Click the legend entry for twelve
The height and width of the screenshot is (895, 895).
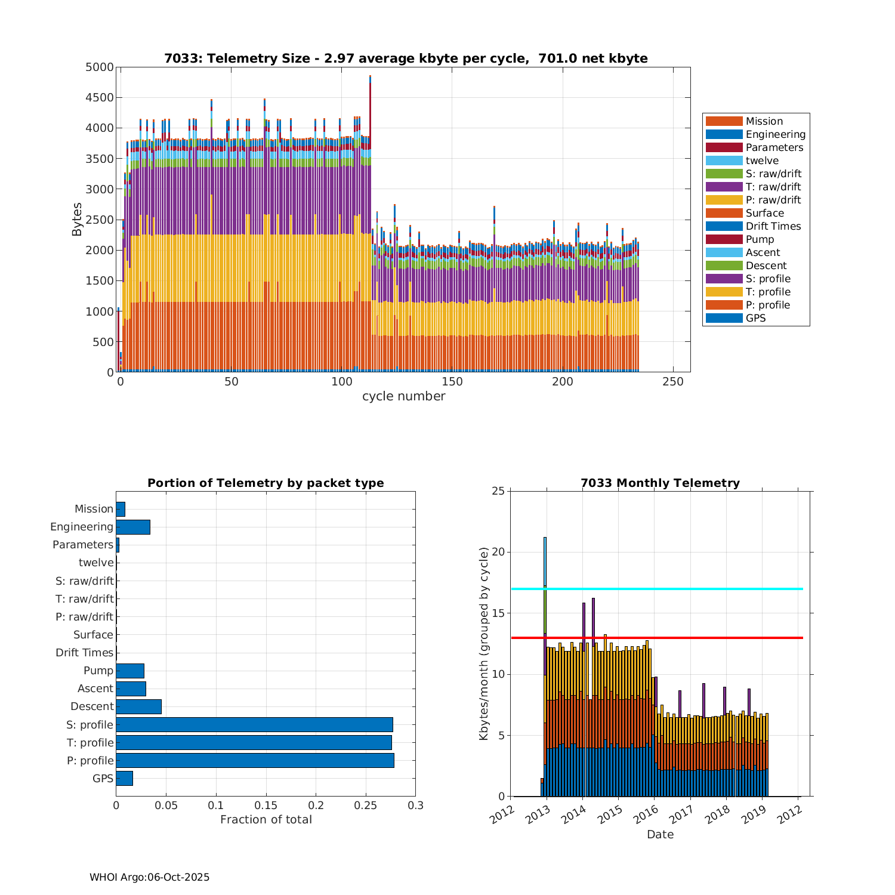point(762,161)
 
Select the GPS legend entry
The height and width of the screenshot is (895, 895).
point(755,318)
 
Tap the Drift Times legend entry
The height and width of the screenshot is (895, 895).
point(773,226)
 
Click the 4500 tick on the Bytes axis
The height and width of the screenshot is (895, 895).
point(100,98)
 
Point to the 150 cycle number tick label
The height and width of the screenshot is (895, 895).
point(452,382)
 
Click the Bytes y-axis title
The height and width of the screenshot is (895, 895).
point(77,220)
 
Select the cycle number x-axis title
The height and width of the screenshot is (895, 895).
point(403,396)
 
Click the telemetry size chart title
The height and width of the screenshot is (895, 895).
point(406,58)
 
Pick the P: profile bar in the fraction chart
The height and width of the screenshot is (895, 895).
point(255,760)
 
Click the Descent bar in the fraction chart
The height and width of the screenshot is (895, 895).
point(138,706)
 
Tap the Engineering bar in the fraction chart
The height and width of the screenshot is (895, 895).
point(133,527)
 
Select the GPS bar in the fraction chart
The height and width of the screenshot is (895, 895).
point(124,778)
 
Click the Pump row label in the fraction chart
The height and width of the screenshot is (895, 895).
point(98,671)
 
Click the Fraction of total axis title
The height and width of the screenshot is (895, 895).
point(266,820)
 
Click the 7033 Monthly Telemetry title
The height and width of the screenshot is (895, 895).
point(660,483)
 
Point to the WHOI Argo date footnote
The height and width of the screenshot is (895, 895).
point(149,877)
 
